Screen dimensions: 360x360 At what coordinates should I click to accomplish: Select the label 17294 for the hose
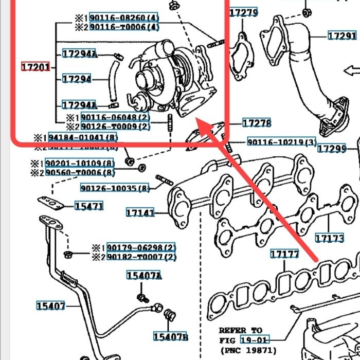pyautogui.click(x=77, y=79)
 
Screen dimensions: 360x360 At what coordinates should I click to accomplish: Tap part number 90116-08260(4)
pyautogui.click(x=124, y=17)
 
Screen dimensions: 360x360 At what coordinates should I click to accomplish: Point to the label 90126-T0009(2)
pyautogui.click(x=115, y=127)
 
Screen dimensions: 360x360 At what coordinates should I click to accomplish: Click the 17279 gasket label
pyautogui.click(x=243, y=12)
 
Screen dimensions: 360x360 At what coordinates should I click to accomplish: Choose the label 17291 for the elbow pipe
pyautogui.click(x=342, y=35)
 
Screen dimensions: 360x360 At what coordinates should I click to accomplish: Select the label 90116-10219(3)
pyautogui.click(x=281, y=142)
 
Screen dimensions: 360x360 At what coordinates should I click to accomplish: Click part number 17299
pyautogui.click(x=331, y=149)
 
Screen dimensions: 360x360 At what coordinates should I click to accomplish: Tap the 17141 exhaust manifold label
pyautogui.click(x=140, y=212)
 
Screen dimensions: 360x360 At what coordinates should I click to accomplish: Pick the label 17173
pyautogui.click(x=329, y=238)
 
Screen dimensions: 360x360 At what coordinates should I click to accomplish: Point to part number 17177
pyautogui.click(x=284, y=254)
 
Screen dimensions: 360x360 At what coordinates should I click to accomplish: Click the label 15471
pyautogui.click(x=89, y=206)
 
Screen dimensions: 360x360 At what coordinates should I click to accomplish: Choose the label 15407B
pyautogui.click(x=170, y=337)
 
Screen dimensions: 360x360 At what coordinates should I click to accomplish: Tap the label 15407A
pyautogui.click(x=144, y=276)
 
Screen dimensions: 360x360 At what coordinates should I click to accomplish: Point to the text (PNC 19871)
pyautogui.click(x=247, y=350)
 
